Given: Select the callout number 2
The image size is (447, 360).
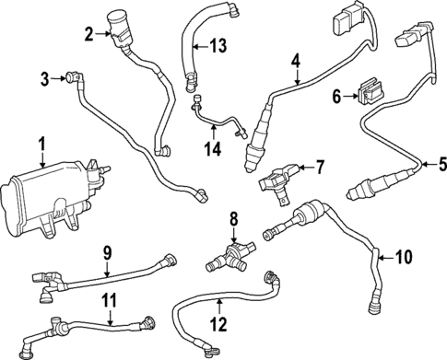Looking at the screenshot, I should click(89, 35).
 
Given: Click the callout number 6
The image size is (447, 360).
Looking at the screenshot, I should click(336, 95).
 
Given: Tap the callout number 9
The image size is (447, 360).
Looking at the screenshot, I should click(107, 250).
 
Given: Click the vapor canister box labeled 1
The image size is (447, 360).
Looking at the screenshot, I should click(46, 195).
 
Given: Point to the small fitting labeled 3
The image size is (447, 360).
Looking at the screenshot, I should click(70, 77).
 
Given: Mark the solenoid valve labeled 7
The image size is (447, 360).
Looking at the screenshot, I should click(279, 178).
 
